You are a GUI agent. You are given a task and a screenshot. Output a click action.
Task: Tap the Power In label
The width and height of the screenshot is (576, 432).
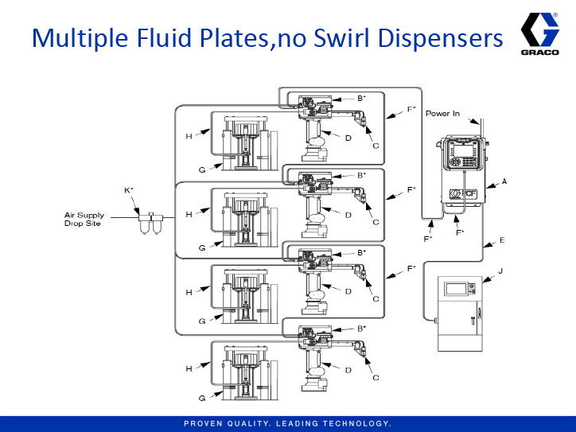pos(442,114)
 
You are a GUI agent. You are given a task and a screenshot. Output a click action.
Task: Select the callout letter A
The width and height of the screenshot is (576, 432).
pos(504,181)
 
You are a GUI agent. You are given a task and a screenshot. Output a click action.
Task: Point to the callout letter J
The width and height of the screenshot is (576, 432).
pos(500,271)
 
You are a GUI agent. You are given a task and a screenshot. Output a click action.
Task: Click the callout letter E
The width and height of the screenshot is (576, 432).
pos(501,239)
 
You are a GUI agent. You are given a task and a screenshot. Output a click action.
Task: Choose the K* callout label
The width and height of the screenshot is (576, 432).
pos(129,190)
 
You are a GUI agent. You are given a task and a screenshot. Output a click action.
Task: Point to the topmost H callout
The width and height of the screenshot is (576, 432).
pos(189,137)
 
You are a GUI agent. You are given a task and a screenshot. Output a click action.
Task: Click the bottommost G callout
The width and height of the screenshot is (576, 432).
pos(202,397)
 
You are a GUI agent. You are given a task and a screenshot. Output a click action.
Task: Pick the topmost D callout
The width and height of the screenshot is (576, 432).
pos(348,138)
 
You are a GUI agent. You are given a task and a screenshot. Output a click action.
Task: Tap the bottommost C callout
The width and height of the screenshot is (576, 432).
pos(375,376)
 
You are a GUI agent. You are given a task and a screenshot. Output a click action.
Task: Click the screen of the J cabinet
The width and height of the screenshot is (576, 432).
pos(456,288)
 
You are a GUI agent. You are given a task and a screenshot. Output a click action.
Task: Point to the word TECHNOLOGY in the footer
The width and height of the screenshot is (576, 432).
pos(353,422)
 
